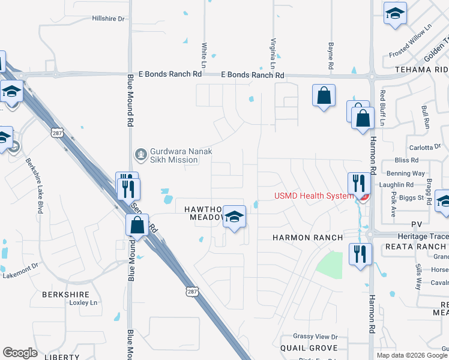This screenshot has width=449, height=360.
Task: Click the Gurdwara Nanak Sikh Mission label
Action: point(174,155)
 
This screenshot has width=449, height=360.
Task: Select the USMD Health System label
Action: point(313,196)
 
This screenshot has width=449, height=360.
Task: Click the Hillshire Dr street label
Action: point(108,19)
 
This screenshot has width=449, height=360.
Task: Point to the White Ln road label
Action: point(204,55)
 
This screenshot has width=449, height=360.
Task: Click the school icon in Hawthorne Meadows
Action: point(235,217)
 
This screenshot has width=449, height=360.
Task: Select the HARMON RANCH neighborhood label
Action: point(308,238)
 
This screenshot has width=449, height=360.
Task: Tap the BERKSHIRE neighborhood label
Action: point(66,295)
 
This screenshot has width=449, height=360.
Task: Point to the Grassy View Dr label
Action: point(316,337)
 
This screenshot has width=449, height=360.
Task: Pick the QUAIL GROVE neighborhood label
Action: point(309,348)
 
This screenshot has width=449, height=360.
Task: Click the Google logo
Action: point(20,353)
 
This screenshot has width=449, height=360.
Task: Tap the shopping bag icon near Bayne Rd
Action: point(324,96)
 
